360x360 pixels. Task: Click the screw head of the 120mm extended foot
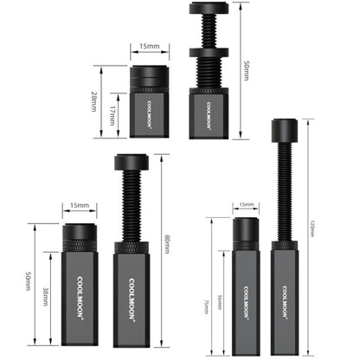tap(286, 130)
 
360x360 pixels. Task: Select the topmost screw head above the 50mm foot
tap(209, 9)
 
